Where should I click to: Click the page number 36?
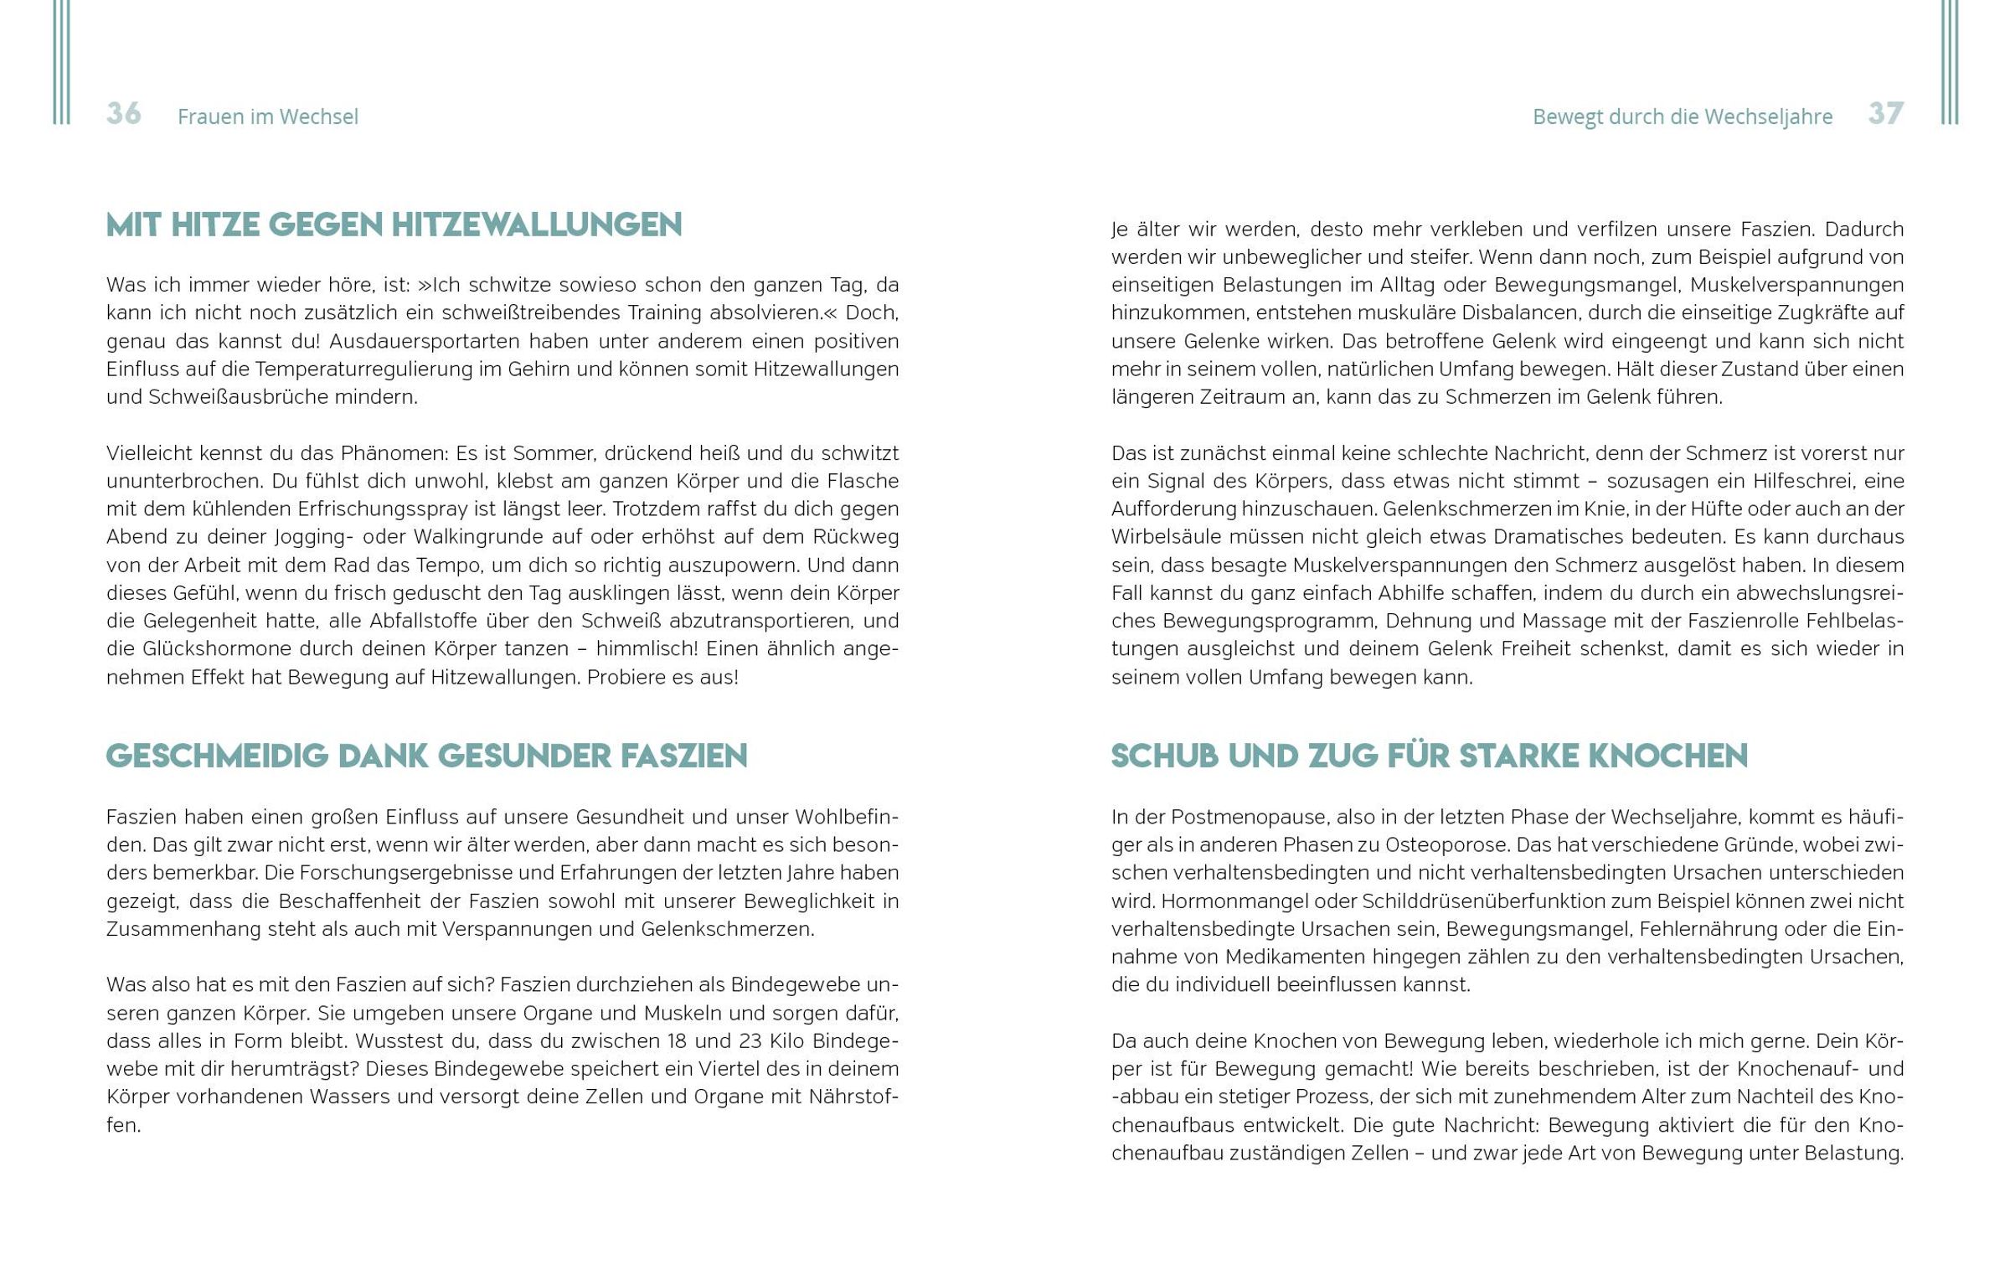124,114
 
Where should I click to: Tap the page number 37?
1886,114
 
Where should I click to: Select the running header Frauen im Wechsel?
267,117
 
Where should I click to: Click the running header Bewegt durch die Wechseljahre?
1682,117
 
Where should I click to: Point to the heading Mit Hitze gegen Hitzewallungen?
394,225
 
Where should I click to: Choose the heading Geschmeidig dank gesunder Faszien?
426,756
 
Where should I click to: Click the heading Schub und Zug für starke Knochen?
1429,756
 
